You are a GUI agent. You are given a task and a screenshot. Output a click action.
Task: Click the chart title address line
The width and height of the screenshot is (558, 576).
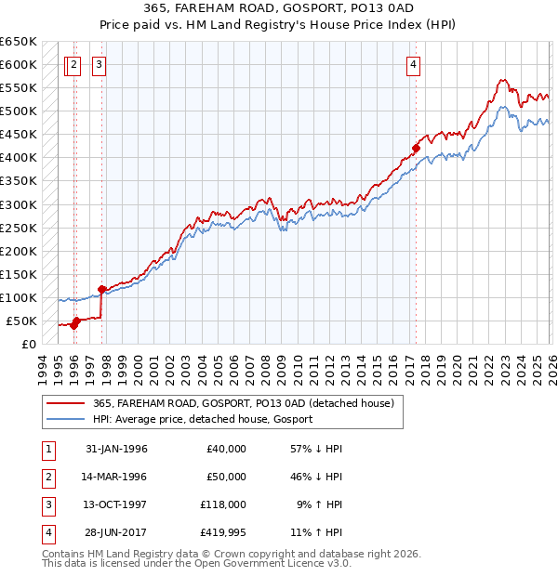click(x=279, y=7)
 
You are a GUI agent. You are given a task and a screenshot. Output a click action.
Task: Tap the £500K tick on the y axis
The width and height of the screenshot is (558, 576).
click(x=18, y=111)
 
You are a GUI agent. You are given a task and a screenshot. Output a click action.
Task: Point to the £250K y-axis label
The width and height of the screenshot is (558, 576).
click(x=18, y=228)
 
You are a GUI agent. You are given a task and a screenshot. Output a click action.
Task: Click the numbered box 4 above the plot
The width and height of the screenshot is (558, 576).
click(x=413, y=65)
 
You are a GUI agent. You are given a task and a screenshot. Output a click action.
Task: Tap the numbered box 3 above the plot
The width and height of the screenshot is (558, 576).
click(x=99, y=65)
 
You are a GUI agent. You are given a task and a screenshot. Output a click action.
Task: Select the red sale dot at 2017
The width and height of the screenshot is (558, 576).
click(x=416, y=148)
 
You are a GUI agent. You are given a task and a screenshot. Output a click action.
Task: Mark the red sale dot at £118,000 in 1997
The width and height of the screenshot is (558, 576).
click(x=101, y=289)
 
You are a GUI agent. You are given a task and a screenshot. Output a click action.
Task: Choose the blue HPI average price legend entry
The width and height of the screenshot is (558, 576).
click(x=203, y=419)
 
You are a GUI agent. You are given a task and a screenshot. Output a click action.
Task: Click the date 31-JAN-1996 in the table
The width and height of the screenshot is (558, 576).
click(x=116, y=449)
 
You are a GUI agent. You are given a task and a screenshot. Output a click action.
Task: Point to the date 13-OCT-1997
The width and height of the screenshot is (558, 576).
click(x=116, y=504)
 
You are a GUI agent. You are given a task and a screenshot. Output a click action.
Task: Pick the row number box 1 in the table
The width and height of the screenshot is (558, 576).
click(x=47, y=449)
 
